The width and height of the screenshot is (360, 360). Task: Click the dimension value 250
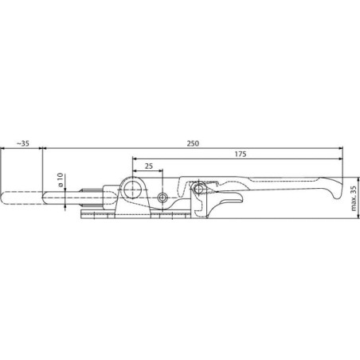(x=193, y=143)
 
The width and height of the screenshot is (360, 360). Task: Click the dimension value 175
(x=241, y=154)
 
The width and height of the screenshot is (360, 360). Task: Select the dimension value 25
(x=149, y=166)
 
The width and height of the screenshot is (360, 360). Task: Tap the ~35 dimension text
(x=23, y=143)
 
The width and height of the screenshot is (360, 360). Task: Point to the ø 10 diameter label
(x=61, y=180)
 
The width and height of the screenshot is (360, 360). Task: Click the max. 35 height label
(x=354, y=198)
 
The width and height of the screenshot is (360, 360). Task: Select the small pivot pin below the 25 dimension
(x=162, y=198)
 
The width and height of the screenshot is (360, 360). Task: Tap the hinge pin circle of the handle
(x=198, y=189)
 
